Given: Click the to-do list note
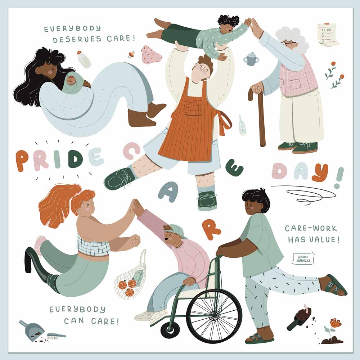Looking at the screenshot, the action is [x=329, y=35].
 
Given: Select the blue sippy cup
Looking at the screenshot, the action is [x=251, y=59].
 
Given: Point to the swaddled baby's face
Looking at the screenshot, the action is [x=70, y=81].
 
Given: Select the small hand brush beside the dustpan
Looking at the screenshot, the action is [x=57, y=336].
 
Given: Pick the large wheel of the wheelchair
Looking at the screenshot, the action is [x=214, y=316].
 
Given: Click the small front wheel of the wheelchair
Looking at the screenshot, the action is [x=170, y=329].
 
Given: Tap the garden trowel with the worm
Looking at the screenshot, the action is [x=300, y=317].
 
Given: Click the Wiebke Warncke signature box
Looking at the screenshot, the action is [x=303, y=259].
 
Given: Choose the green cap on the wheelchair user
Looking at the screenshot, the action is [x=175, y=230].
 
